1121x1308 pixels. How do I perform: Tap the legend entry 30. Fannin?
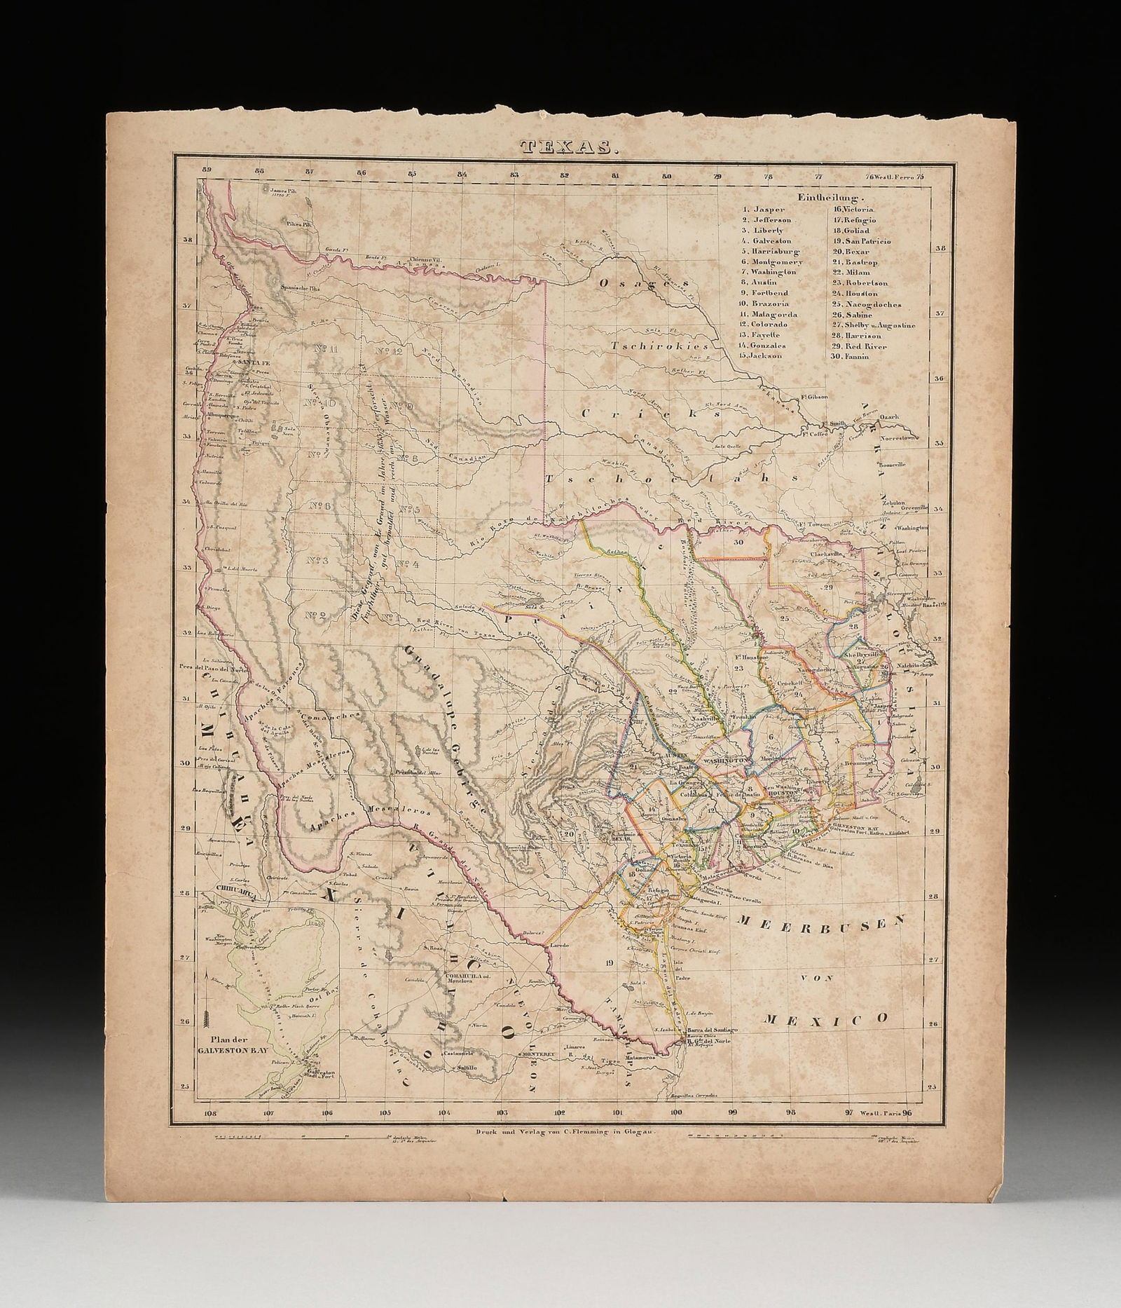(849, 356)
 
